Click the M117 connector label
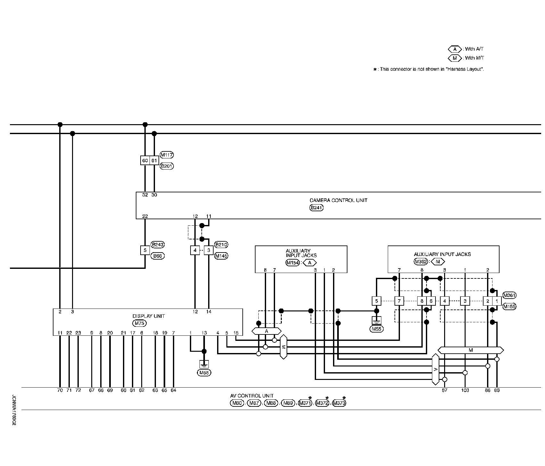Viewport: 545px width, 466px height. click(167, 155)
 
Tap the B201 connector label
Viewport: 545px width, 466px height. click(167, 166)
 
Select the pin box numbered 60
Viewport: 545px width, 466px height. click(145, 160)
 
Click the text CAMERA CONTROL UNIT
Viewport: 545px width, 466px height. click(338, 200)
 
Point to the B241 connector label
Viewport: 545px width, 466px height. click(316, 208)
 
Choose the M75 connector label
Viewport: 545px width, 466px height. click(140, 323)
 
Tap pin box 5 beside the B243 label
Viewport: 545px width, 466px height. click(145, 250)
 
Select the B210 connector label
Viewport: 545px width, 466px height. click(221, 245)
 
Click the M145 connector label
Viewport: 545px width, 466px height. click(221, 256)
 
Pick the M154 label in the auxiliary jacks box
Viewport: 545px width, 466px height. click(292, 263)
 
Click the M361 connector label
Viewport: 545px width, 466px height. click(509, 295)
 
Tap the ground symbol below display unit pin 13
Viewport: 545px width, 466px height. click(204, 364)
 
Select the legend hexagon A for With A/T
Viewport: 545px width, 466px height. click(455, 49)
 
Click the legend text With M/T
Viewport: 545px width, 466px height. click(474, 58)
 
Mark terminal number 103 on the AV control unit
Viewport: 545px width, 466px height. click(465, 390)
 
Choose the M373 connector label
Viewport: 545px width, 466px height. click(339, 403)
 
